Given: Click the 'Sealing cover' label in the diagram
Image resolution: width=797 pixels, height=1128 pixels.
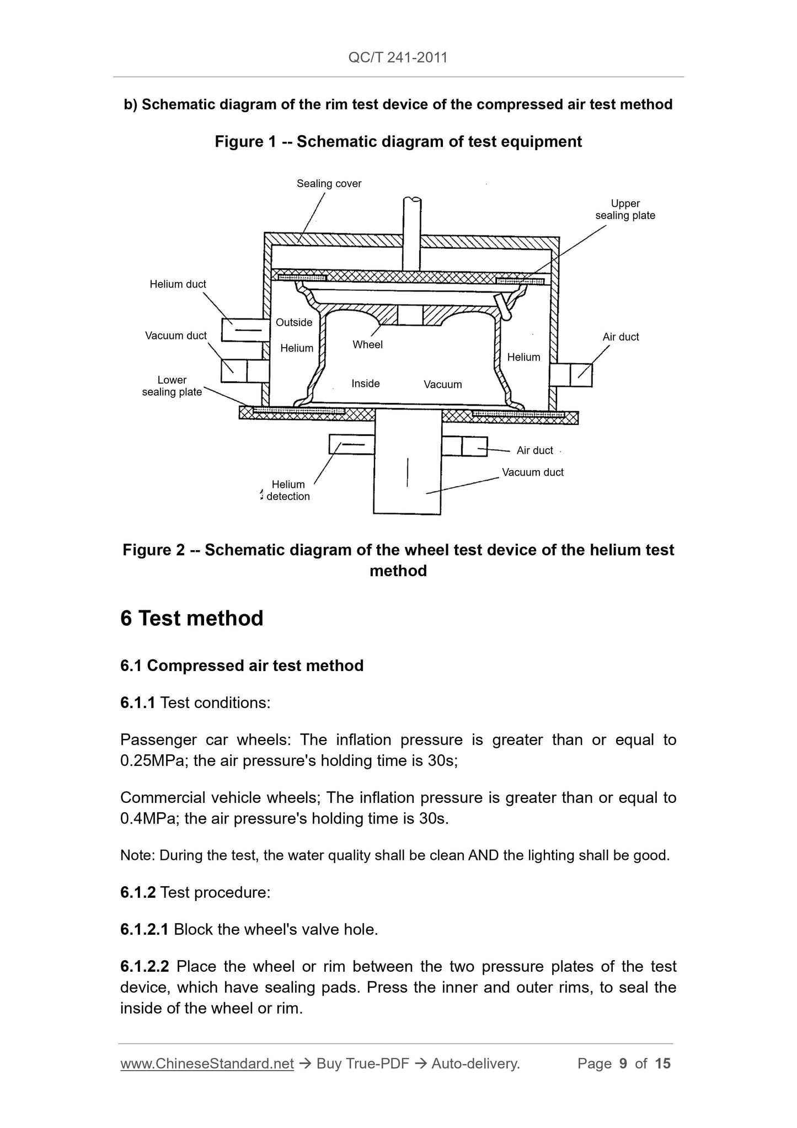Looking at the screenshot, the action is click(x=329, y=183).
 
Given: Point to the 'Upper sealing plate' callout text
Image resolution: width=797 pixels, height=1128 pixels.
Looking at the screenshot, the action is click(x=625, y=210).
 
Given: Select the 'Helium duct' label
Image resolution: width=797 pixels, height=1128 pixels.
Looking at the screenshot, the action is click(x=178, y=284).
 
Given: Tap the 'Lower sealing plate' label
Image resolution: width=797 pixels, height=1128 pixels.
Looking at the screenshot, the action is click(x=172, y=386).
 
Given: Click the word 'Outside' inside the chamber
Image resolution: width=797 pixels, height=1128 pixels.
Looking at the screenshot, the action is click(x=294, y=322).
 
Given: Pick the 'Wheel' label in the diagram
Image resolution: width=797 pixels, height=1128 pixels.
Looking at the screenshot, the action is click(x=367, y=344).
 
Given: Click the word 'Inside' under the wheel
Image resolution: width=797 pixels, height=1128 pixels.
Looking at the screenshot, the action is click(x=366, y=384).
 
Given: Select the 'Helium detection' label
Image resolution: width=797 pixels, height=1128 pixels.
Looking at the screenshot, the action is click(x=288, y=490).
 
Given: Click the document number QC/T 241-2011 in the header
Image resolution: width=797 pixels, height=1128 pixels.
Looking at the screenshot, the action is click(x=398, y=57).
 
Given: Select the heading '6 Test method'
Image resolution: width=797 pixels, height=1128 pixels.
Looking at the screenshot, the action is click(x=192, y=619).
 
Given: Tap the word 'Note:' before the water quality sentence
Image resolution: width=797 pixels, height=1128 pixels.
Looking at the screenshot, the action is click(x=138, y=856).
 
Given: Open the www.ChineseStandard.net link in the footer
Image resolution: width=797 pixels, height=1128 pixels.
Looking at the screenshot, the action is click(x=207, y=1063).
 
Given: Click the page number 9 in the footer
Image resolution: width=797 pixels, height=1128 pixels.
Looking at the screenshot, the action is click(x=623, y=1063).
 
